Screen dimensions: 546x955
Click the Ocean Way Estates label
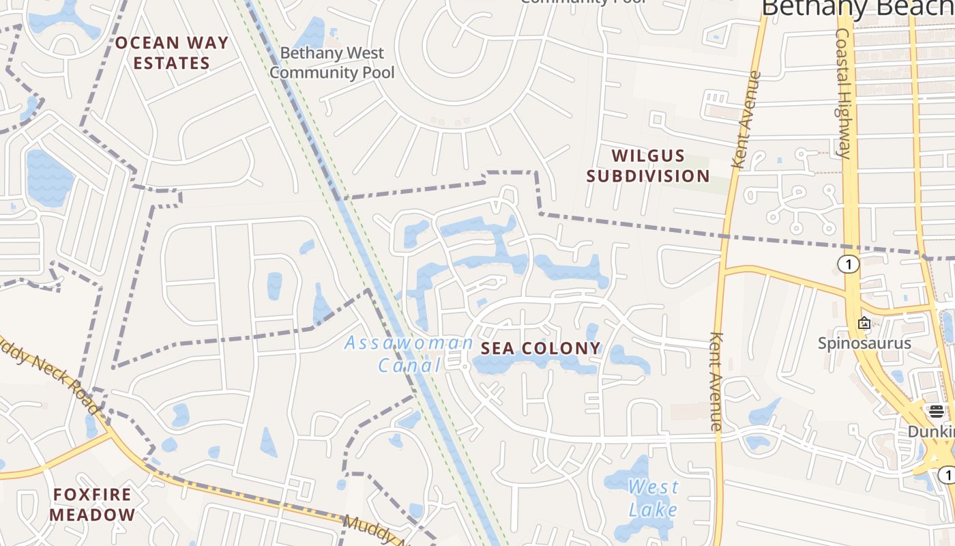tap(171, 53)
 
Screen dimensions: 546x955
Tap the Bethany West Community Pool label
tap(332, 62)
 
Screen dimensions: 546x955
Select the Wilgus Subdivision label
tap(648, 166)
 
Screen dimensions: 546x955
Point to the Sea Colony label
tap(541, 349)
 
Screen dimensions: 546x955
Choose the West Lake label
tap(653, 498)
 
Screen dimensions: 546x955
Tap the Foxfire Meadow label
tap(93, 504)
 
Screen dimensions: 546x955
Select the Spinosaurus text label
tap(864, 343)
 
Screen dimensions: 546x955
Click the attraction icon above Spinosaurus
tap(864, 323)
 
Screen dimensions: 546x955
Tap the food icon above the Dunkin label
tap(936, 411)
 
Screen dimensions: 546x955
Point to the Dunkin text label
tap(932, 431)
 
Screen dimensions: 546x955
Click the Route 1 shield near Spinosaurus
tap(849, 265)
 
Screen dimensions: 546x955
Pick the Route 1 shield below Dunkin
tap(946, 474)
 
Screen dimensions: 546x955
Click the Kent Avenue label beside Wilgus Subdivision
tap(745, 120)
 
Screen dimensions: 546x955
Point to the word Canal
tap(410, 365)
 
